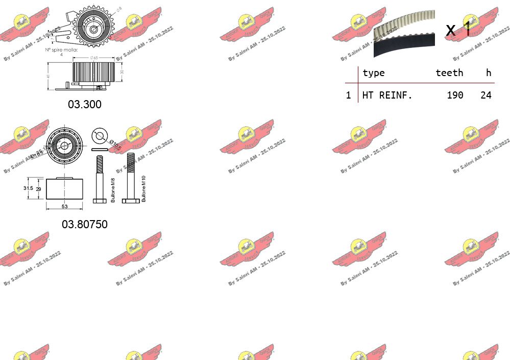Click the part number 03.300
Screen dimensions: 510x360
tap(85, 104)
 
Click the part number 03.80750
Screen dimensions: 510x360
tap(85, 224)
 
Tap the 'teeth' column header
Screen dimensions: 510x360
tap(449, 73)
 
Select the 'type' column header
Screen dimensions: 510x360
tap(373, 73)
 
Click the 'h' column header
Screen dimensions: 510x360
tap(489, 73)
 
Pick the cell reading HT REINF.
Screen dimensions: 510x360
tap(386, 95)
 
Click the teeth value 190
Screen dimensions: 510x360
tap(454, 95)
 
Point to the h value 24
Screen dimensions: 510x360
tap(485, 95)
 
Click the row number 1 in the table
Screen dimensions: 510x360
tap(348, 95)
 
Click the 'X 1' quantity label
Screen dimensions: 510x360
tap(458, 30)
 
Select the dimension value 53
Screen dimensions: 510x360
tap(64, 206)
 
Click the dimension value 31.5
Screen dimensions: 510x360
tap(29, 188)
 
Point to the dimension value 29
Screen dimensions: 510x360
tap(38, 189)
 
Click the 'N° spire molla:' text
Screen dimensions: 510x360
tap(61, 50)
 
